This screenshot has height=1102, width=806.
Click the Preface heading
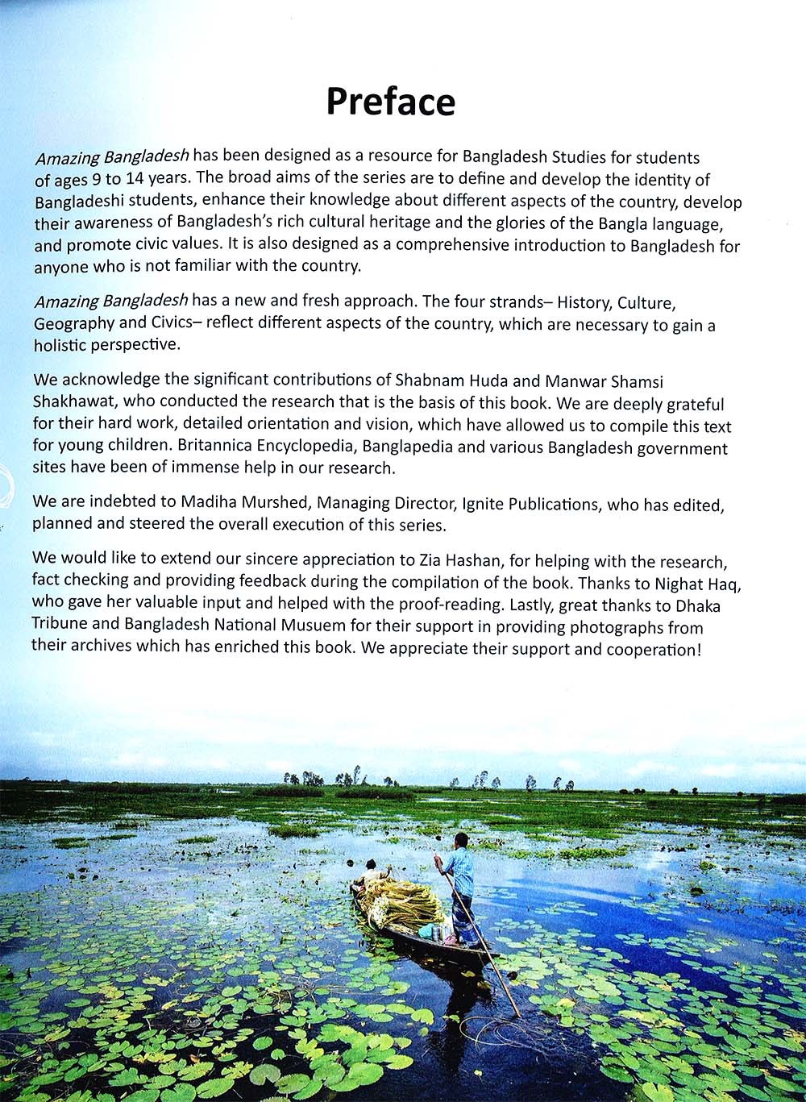coord(390,102)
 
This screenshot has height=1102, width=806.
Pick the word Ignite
coord(483,504)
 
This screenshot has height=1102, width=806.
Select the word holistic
coord(61,345)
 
